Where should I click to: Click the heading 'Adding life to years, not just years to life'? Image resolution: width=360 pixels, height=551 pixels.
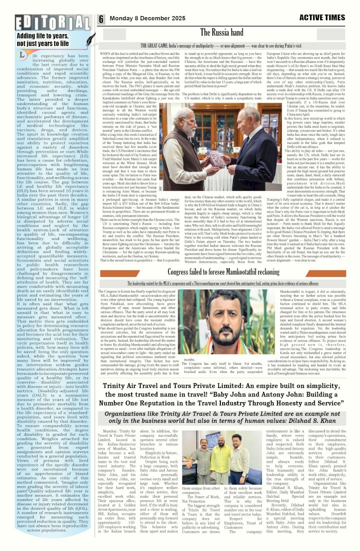(43, 39)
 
